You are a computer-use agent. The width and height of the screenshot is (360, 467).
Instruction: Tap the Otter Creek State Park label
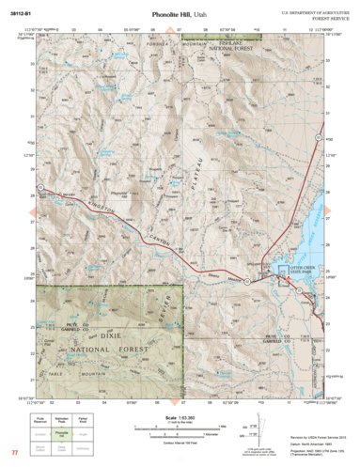[300, 277]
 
